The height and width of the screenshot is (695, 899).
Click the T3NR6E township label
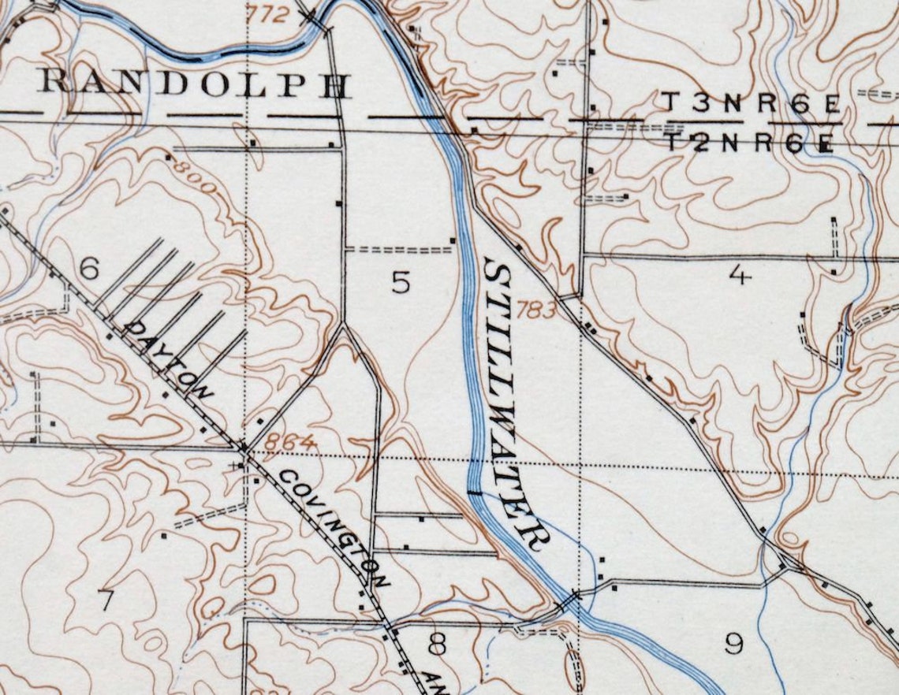coord(750,103)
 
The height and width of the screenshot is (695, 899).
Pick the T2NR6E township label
coord(750,143)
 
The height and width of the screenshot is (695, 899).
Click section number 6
coord(89,270)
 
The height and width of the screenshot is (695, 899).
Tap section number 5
coord(401,282)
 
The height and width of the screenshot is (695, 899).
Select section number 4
coord(738,275)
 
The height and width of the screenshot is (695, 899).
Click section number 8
coord(436,645)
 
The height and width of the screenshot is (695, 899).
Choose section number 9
coord(733,645)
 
